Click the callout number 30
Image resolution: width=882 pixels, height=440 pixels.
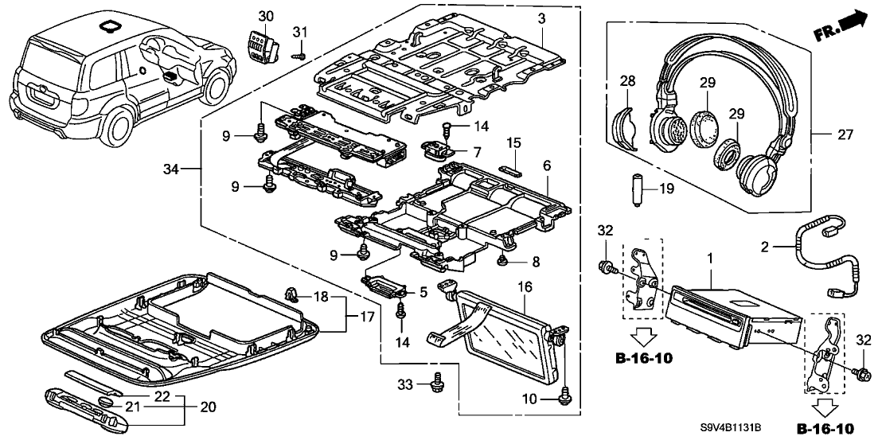pyautogui.click(x=266, y=17)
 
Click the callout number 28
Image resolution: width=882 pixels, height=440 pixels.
pyautogui.click(x=628, y=80)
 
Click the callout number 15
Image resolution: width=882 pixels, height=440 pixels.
pyautogui.click(x=514, y=142)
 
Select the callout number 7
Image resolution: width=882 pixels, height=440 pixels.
pyautogui.click(x=478, y=151)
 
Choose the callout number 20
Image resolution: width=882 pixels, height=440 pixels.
pyautogui.click(x=209, y=407)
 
